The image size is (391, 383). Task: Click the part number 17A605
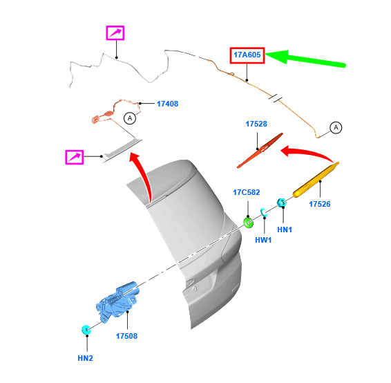247,55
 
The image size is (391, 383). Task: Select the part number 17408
168,104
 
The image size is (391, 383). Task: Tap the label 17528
256,124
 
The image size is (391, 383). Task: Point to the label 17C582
247,192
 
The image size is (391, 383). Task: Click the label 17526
320,204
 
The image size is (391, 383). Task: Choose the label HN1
285,230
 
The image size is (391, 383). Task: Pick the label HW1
263,240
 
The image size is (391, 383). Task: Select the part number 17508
126,336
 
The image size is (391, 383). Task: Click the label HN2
85,358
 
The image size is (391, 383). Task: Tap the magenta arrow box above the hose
115,32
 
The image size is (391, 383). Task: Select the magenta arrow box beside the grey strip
75,157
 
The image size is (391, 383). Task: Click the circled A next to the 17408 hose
130,118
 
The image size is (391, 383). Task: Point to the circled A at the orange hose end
336,127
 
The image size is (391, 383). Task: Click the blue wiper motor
117,302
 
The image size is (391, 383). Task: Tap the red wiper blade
260,150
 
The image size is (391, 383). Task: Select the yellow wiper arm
316,180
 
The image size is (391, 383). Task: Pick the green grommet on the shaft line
248,223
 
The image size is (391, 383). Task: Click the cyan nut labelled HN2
86,330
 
